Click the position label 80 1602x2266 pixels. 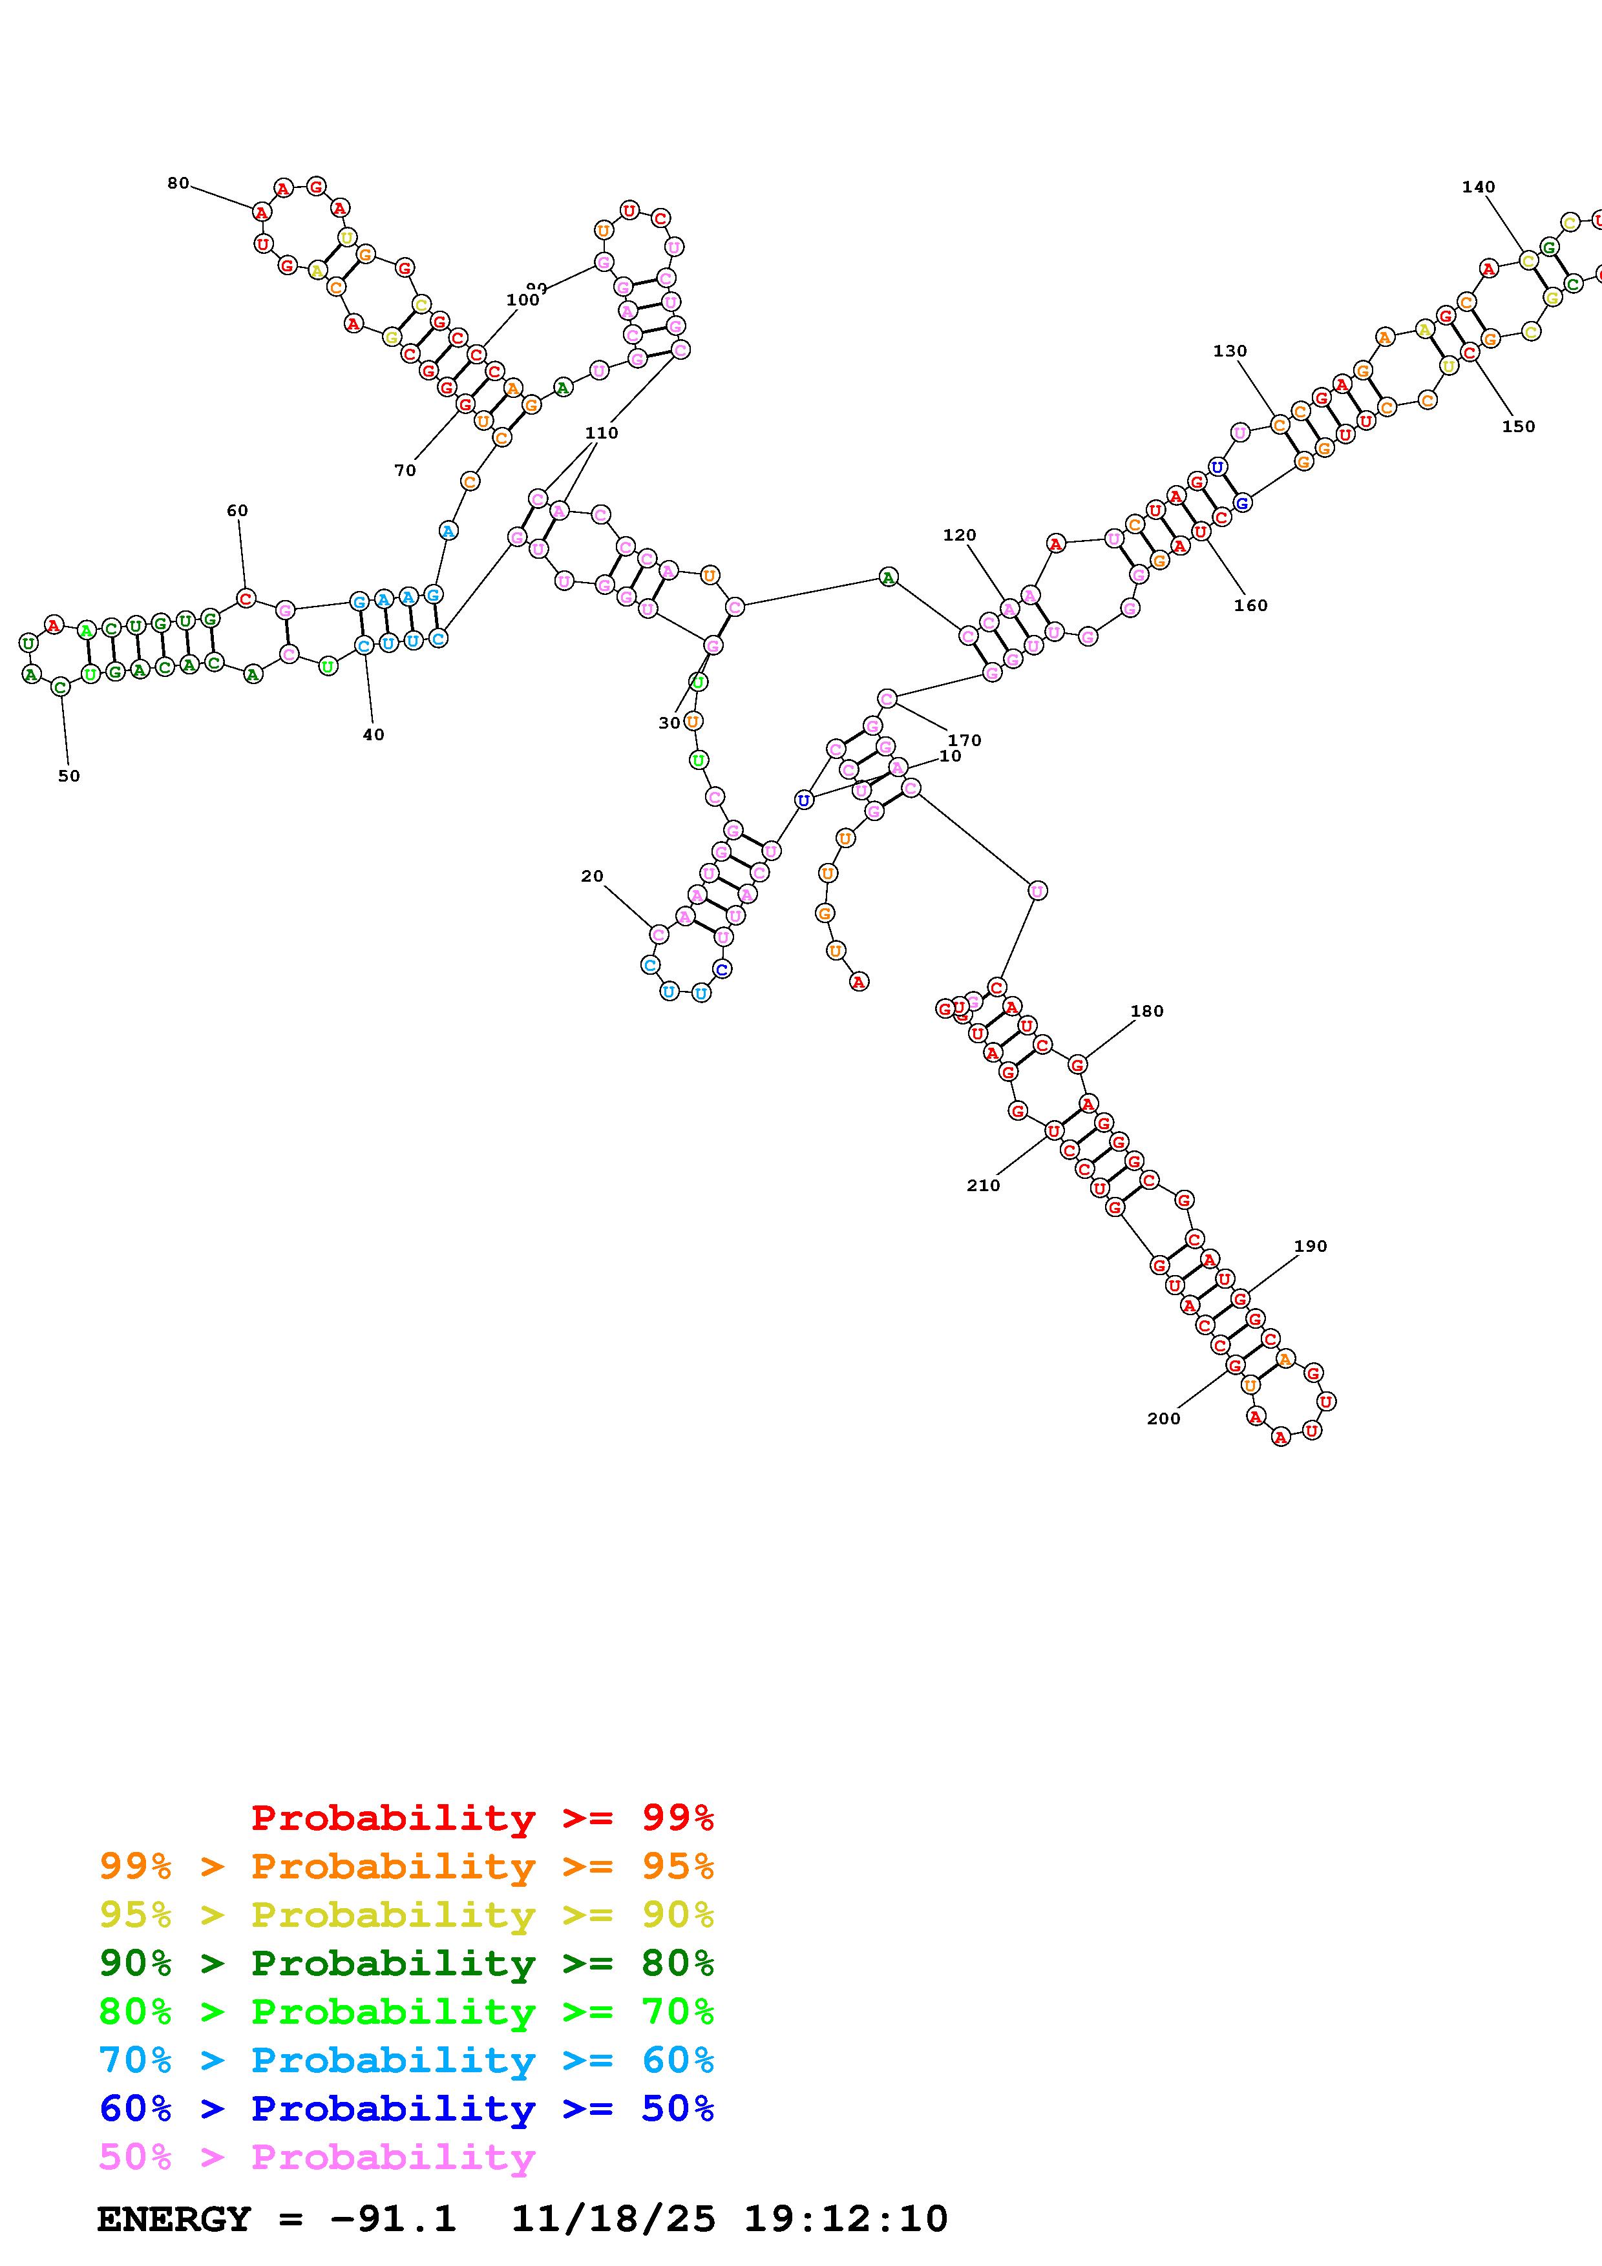point(178,183)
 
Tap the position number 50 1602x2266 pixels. point(68,776)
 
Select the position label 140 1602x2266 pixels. point(1478,187)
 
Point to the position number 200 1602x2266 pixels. point(1163,1419)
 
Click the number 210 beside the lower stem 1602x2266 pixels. point(983,1185)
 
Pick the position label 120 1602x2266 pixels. point(958,535)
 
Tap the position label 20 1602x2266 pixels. point(591,875)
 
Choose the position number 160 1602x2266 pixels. point(1250,605)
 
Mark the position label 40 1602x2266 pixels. point(373,734)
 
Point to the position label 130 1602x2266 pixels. point(1230,350)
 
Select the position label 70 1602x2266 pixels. point(405,471)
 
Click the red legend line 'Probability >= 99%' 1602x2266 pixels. point(483,1817)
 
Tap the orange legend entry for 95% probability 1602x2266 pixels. point(406,1866)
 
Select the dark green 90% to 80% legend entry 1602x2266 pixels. point(406,1963)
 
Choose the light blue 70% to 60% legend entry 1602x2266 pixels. point(406,2060)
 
